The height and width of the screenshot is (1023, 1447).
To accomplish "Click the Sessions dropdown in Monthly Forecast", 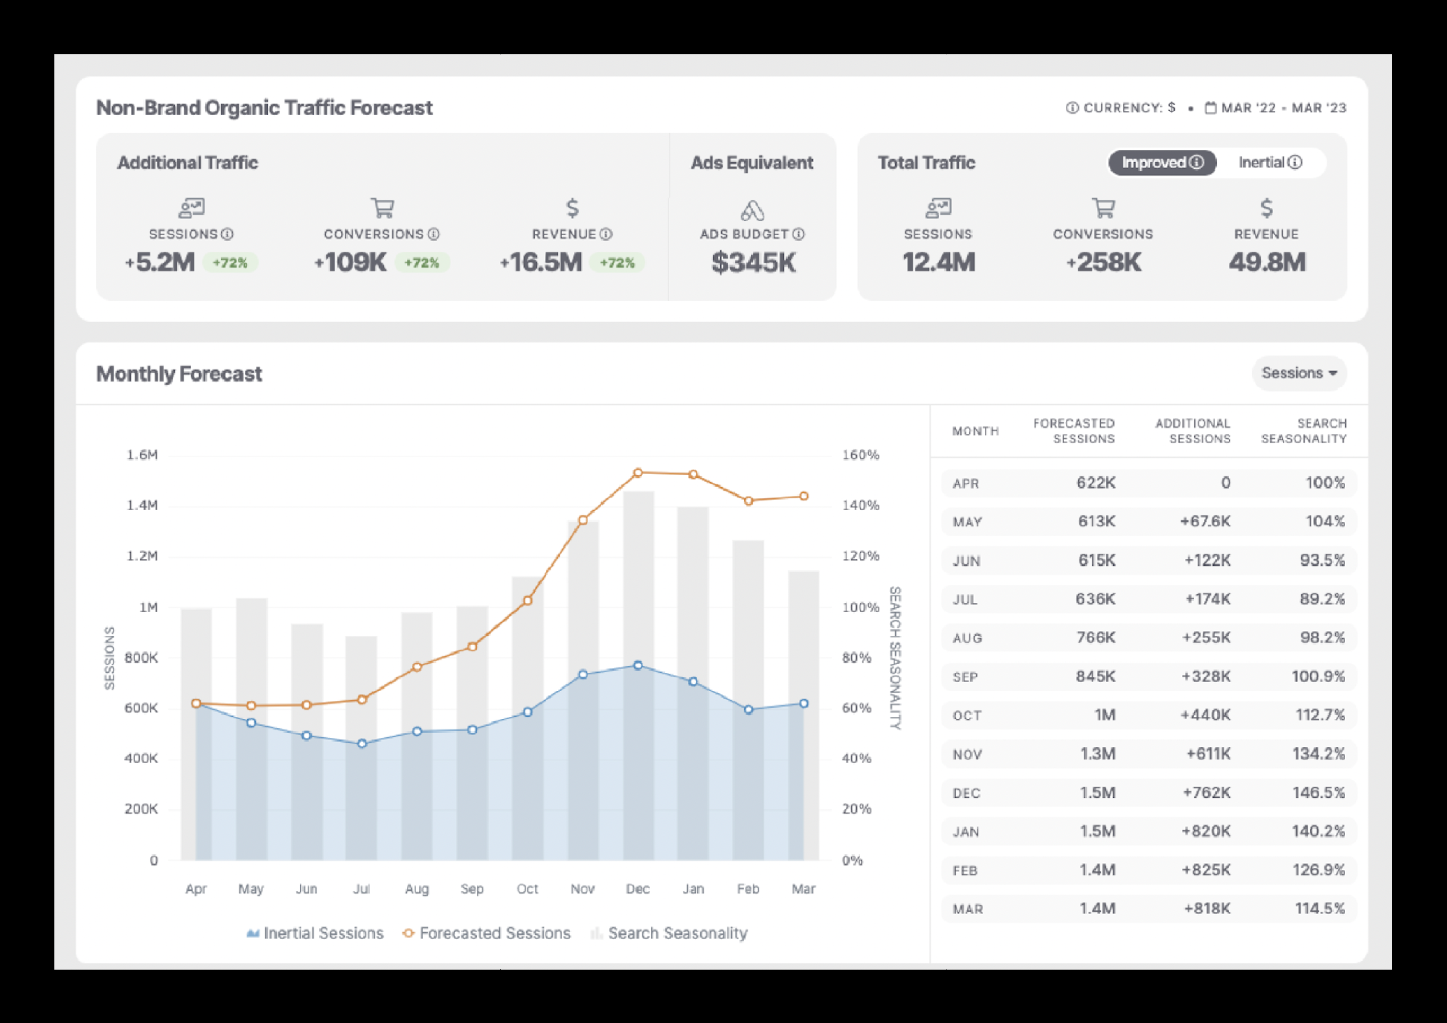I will click(x=1298, y=373).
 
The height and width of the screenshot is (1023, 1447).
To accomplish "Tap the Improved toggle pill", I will click(x=1161, y=163).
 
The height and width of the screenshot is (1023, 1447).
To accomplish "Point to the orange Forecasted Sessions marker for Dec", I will click(x=638, y=473).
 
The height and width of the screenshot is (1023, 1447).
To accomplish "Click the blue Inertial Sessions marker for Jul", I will click(x=362, y=744).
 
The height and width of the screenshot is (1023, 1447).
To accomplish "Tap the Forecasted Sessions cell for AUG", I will click(x=1095, y=637).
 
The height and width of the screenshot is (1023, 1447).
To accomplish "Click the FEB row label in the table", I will click(x=965, y=871).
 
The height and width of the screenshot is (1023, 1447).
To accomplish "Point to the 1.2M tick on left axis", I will click(x=142, y=556).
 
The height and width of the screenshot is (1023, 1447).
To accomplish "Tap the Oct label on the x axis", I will click(x=528, y=889).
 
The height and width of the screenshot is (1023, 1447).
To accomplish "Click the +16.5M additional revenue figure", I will click(x=541, y=262).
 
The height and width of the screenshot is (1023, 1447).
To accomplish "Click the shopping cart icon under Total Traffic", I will click(x=1104, y=207).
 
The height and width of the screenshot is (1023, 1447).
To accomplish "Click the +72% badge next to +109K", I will click(x=422, y=262).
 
